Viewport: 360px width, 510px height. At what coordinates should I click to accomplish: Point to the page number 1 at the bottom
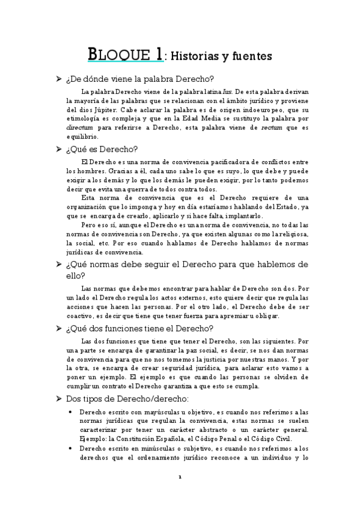pos(179,477)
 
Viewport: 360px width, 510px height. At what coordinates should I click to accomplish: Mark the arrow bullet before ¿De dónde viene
pos(58,79)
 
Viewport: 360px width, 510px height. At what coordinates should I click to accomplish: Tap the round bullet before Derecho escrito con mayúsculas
pos(71,412)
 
